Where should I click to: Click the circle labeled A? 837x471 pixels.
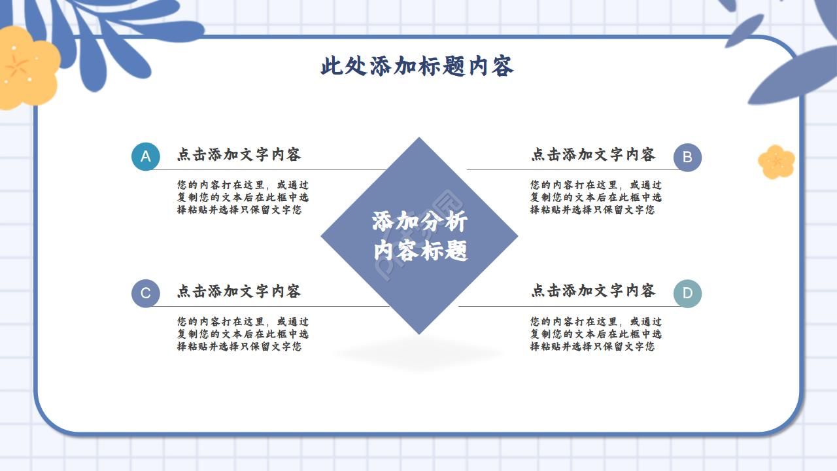(x=145, y=156)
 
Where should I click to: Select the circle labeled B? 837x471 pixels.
(x=687, y=157)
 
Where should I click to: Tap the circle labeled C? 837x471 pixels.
(x=145, y=293)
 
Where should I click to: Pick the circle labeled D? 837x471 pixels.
(x=687, y=293)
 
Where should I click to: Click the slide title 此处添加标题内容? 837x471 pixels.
(x=417, y=66)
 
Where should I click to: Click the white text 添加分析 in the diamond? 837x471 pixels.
(x=420, y=222)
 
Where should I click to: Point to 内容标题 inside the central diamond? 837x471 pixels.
(x=420, y=251)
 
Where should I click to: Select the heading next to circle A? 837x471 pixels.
(x=239, y=155)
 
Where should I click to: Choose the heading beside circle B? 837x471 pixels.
(x=593, y=155)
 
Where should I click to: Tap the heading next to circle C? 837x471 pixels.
(x=239, y=291)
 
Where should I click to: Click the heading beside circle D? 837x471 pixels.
(x=593, y=290)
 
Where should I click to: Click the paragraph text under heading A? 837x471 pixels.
(x=243, y=198)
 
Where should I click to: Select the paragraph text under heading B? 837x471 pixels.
(x=596, y=198)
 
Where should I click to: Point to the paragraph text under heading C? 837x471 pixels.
(x=243, y=334)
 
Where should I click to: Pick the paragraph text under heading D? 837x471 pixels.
(x=596, y=334)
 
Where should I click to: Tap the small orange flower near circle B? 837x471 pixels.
(x=776, y=162)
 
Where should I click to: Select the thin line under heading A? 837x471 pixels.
(x=275, y=170)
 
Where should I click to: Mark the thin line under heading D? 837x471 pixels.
(x=569, y=306)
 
